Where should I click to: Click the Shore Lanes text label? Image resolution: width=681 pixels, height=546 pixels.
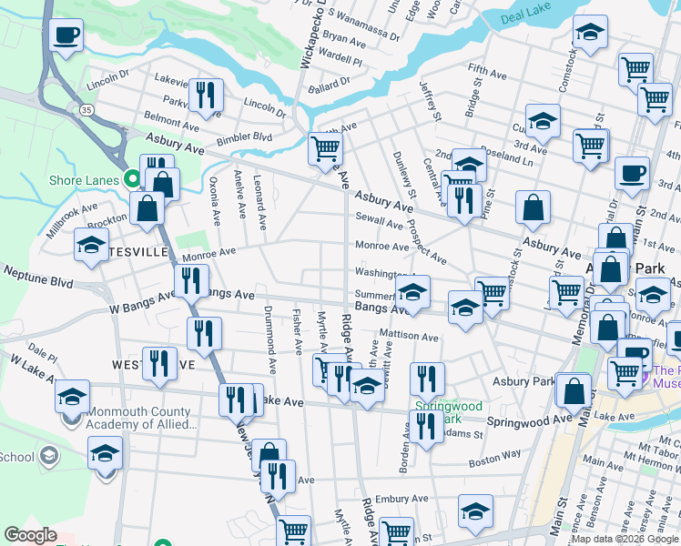coord(84,180)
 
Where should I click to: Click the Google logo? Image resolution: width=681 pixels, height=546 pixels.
coord(30,535)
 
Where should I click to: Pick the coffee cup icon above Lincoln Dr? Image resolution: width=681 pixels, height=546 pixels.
coord(66,35)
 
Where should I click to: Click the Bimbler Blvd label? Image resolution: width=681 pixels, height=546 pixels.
coord(243,137)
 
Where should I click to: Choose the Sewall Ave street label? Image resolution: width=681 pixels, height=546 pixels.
coord(379,220)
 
